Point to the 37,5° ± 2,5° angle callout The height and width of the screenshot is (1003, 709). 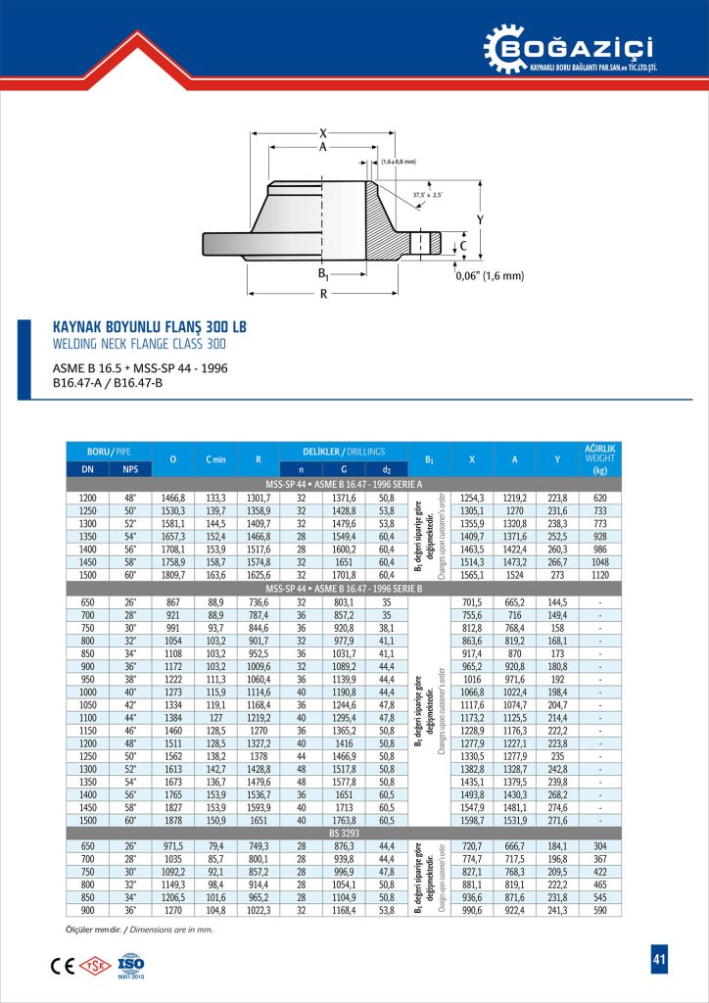pyautogui.click(x=427, y=195)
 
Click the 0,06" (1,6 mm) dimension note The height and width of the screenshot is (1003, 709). pyautogui.click(x=491, y=275)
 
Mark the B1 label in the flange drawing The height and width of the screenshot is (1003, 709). pyautogui.click(x=324, y=274)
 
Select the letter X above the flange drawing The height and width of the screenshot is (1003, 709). pyautogui.click(x=323, y=133)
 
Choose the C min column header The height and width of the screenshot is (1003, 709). pyautogui.click(x=216, y=458)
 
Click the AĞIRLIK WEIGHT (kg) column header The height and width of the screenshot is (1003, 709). pyautogui.click(x=598, y=458)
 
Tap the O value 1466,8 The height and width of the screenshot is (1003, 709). pyautogui.click(x=172, y=499)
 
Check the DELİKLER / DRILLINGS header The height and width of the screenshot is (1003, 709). pyautogui.click(x=343, y=450)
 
